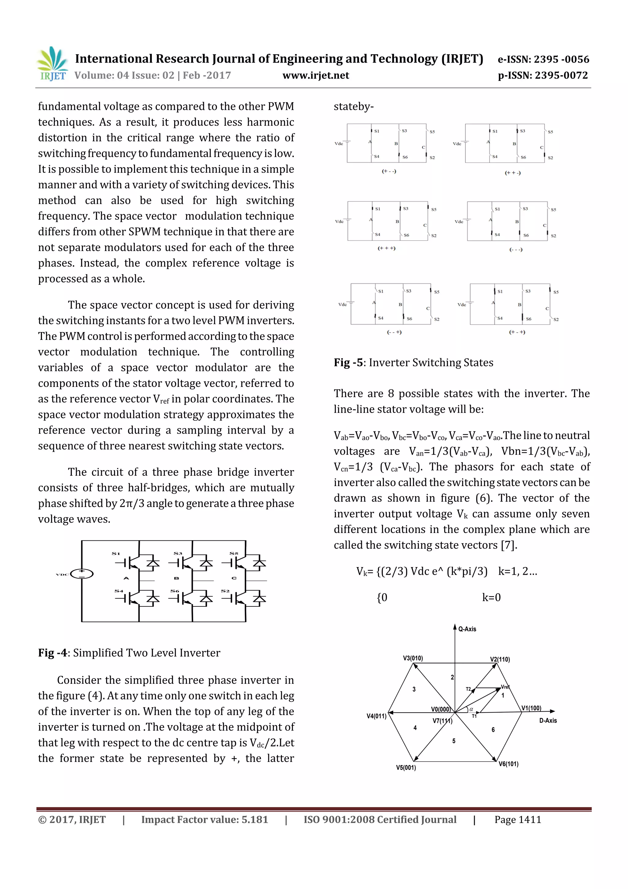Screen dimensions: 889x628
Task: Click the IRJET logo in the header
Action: (x=52, y=64)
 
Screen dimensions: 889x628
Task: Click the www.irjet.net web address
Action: (x=316, y=75)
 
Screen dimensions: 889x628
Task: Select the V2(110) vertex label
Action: (x=500, y=659)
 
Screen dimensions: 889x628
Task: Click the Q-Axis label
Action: (x=467, y=629)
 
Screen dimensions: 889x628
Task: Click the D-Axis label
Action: (x=548, y=721)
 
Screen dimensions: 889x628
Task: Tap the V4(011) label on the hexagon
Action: (x=377, y=716)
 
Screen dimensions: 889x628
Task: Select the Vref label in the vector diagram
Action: (x=505, y=687)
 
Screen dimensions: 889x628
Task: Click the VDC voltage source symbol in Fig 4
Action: (x=82, y=574)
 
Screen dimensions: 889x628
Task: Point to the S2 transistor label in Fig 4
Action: (x=225, y=591)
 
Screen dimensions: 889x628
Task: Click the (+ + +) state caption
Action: (x=386, y=248)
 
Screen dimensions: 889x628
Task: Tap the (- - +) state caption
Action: (x=394, y=332)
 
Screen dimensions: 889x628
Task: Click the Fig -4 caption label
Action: (x=53, y=653)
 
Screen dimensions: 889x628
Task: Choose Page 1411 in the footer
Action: (x=517, y=820)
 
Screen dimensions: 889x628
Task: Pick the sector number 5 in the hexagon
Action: (x=454, y=741)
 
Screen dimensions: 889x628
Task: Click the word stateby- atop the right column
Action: (x=354, y=106)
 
